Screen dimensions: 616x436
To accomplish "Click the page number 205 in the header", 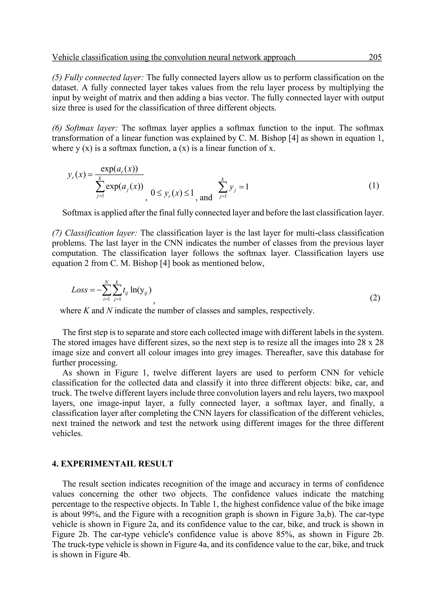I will (x=375, y=57).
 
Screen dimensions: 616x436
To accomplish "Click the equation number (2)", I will (x=375, y=298).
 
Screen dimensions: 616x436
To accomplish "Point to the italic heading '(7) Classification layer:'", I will (x=95, y=233).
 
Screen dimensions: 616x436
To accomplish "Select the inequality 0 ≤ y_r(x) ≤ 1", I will (x=172, y=193).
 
